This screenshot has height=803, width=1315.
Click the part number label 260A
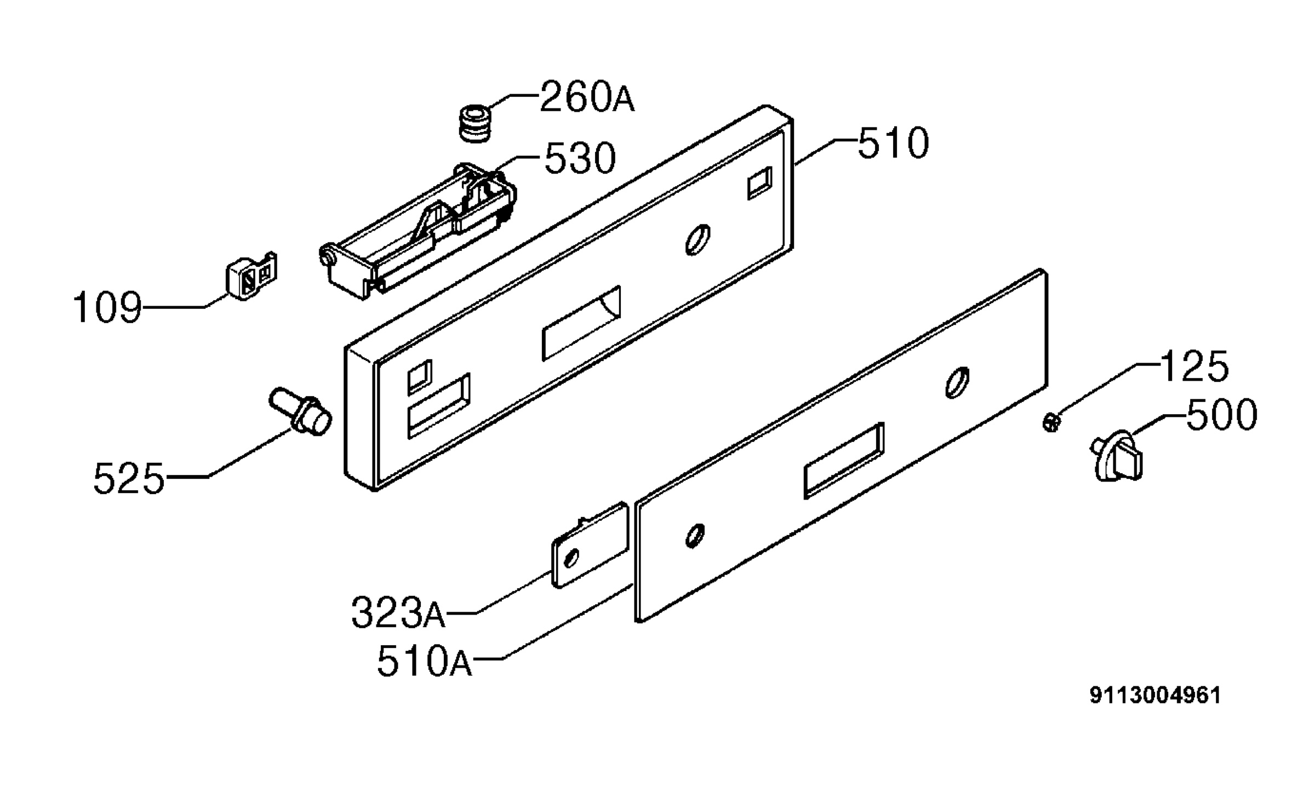pos(587,97)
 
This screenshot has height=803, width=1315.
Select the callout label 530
pos(580,158)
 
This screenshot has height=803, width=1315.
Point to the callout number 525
pos(129,478)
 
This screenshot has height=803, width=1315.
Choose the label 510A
pos(425,661)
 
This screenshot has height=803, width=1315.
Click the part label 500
pos(1221,414)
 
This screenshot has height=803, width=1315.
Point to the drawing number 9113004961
pos(1155,696)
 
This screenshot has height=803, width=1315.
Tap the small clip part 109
pos(251,276)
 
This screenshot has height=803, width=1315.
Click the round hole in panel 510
pos(698,240)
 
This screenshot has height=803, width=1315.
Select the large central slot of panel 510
pos(581,323)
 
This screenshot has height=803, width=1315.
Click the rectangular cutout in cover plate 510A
pos(844,460)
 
